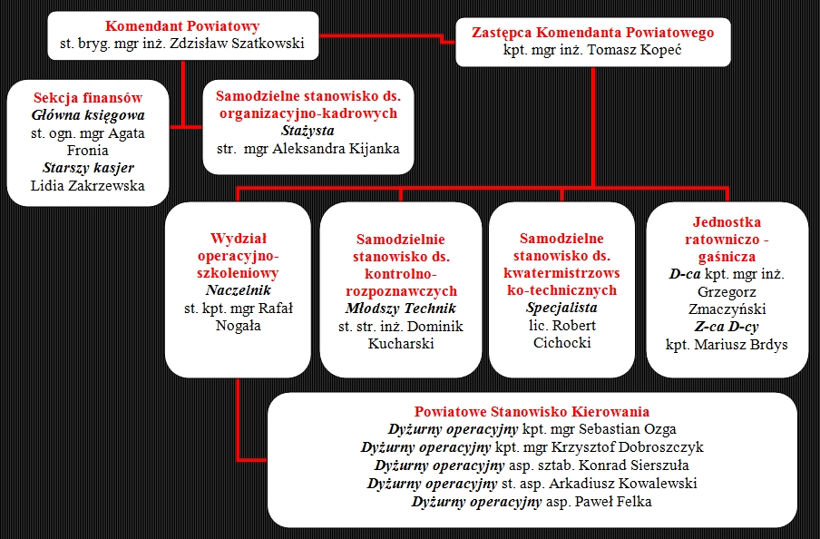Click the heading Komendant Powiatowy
[x=182, y=26]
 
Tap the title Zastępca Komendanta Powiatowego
[x=592, y=33]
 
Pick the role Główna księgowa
[x=88, y=115]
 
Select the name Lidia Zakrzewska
[x=88, y=186]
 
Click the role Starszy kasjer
[x=88, y=168]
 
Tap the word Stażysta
[x=308, y=132]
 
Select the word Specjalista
[x=561, y=308]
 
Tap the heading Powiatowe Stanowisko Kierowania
[x=532, y=412]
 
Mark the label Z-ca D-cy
[x=726, y=327]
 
